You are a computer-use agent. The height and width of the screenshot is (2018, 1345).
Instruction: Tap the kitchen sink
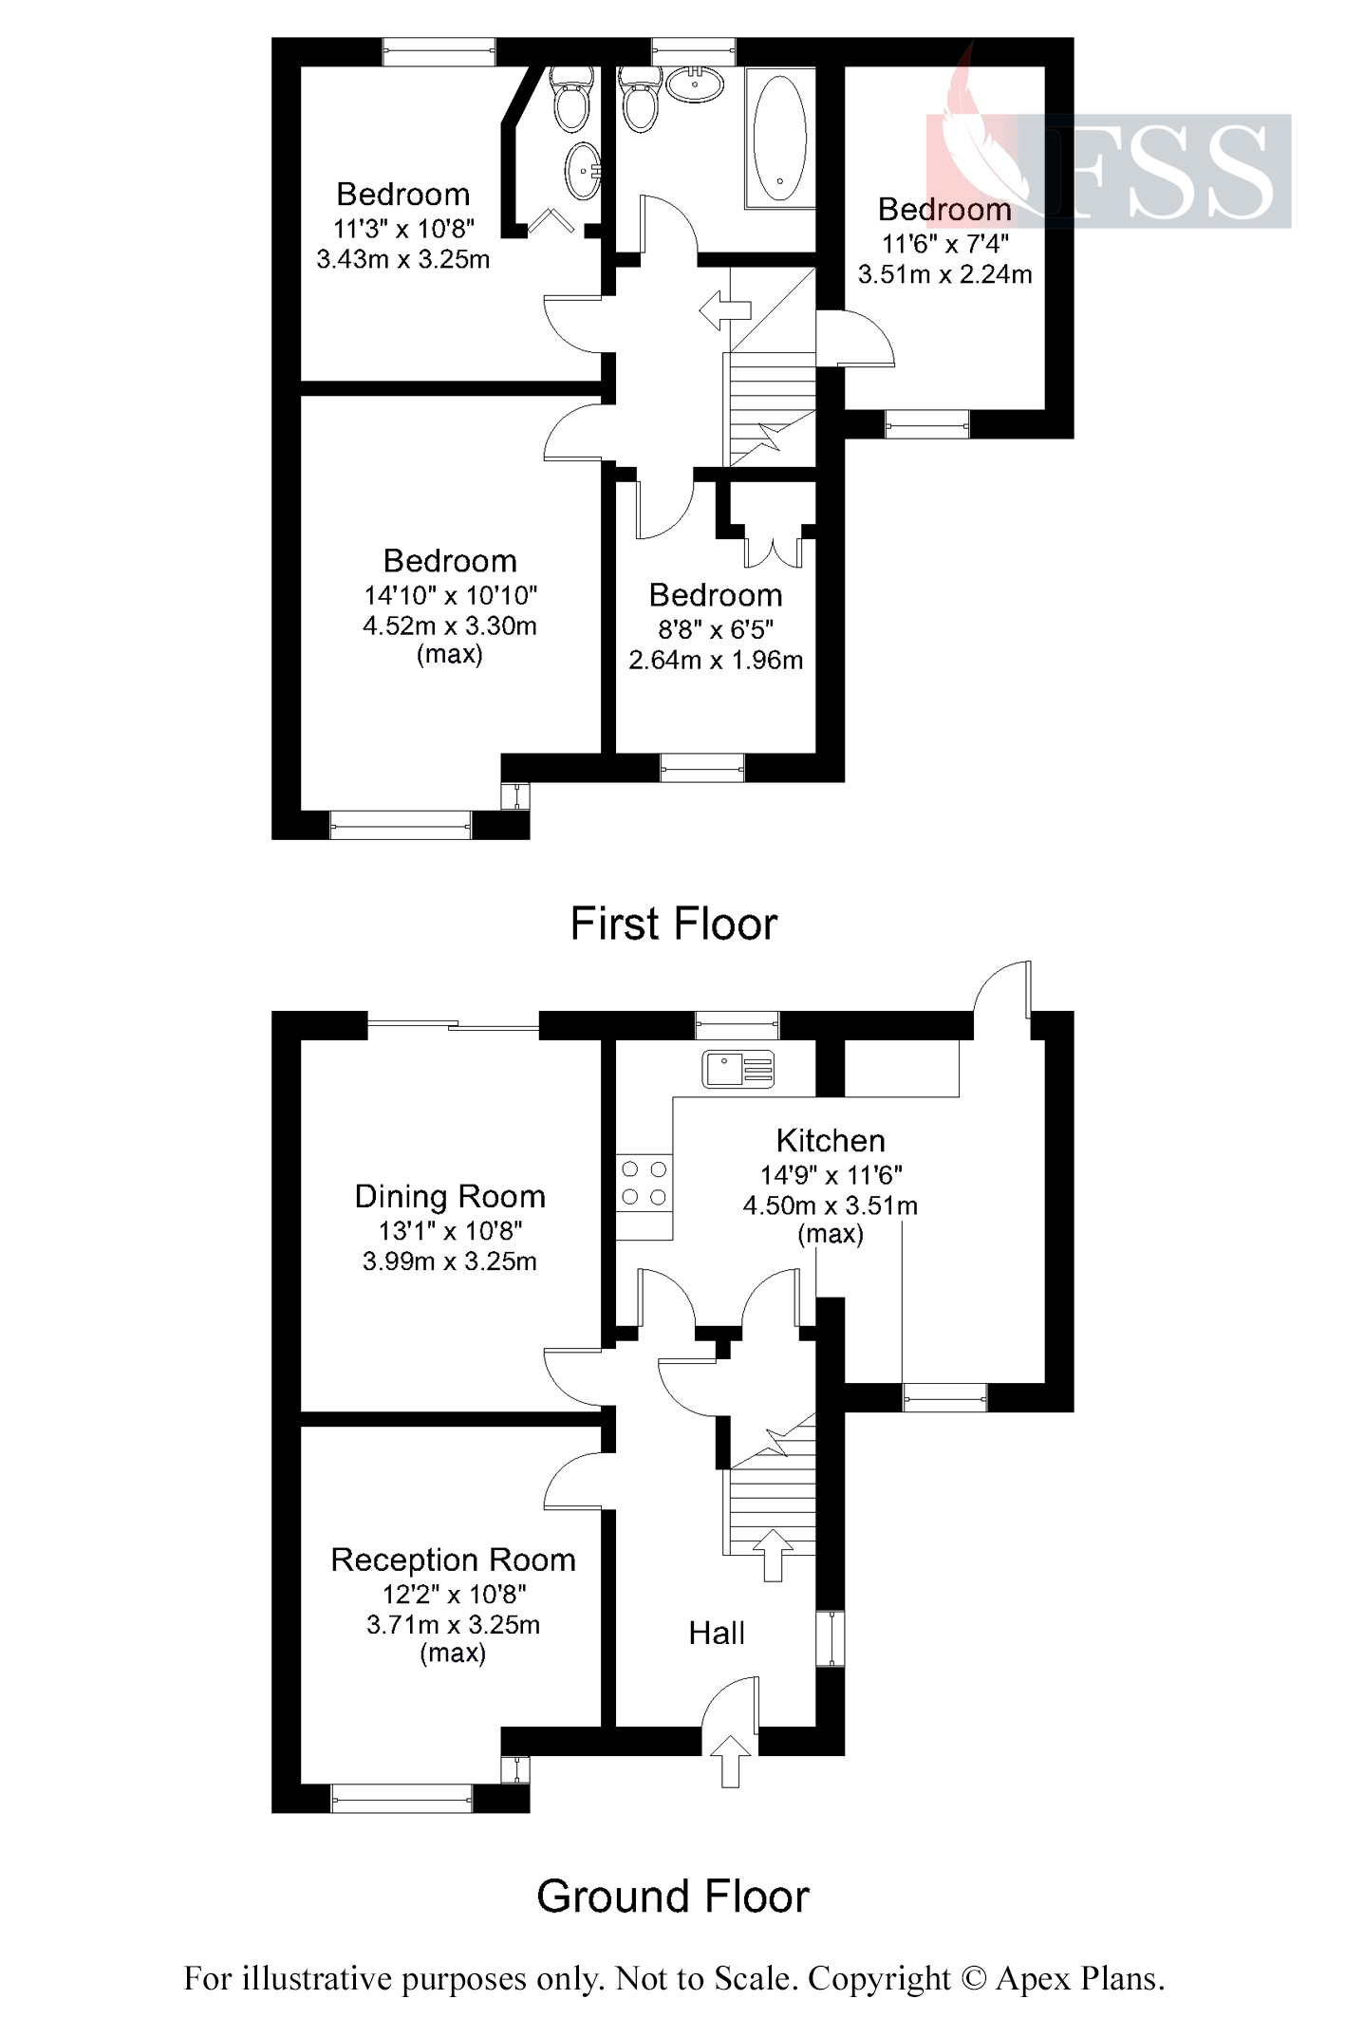pos(738,1068)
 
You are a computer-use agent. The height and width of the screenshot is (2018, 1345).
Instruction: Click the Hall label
pos(717,1633)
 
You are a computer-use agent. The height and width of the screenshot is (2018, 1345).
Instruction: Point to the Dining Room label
pos(450,1196)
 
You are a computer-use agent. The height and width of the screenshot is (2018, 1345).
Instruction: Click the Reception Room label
pos(453,1560)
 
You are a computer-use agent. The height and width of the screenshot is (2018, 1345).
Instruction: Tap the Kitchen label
pos(831,1140)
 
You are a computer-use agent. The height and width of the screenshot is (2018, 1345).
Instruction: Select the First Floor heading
pos(674,924)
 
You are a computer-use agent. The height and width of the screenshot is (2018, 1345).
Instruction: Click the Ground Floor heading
pos(673,1896)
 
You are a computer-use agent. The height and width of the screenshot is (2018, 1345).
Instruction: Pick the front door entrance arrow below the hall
pos(730,1761)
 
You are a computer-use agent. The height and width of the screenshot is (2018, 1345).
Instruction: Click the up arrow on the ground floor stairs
pos(773,1554)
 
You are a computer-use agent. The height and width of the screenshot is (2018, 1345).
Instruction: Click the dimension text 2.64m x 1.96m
pos(716,660)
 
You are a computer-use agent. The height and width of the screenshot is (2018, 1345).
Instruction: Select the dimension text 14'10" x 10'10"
pos(450,595)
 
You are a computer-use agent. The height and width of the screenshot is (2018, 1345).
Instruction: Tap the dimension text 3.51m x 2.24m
pos(944,274)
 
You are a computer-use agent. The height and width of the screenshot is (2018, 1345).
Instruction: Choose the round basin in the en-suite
pos(582,171)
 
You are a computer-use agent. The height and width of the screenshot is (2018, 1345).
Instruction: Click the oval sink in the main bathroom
pos(696,84)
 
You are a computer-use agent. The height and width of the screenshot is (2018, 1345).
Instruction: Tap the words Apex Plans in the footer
pos(1079,1978)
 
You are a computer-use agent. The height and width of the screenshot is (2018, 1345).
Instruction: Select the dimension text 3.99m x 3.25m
pos(450,1261)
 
